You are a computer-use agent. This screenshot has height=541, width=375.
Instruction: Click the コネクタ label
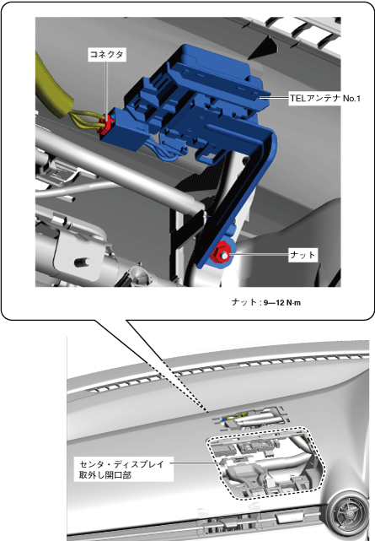coord(106,55)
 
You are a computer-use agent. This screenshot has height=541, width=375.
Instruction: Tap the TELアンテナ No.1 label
coord(324,99)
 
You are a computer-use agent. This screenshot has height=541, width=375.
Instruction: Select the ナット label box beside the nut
coord(303,255)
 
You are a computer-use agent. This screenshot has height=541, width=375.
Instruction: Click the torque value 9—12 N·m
coord(282,303)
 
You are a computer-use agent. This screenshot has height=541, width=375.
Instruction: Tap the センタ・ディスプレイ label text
coord(122,464)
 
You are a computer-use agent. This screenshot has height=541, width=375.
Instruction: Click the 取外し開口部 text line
coord(105,475)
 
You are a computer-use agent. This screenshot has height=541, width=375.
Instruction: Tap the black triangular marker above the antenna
coord(263,47)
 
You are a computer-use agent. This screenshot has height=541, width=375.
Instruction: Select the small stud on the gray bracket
coord(82,262)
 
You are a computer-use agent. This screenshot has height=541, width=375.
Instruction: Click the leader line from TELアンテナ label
coord(275,98)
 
